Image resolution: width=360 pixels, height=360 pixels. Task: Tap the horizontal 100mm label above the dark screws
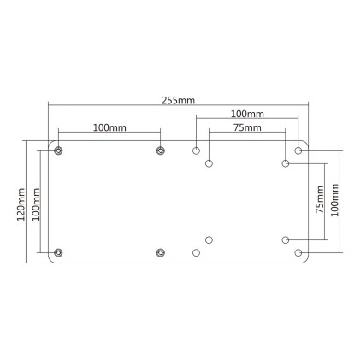click(x=109, y=127)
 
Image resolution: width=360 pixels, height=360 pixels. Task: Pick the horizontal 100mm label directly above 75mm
click(x=247, y=113)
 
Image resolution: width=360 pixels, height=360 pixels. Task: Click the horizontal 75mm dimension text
click(x=247, y=127)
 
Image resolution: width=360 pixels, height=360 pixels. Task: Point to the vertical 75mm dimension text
click(x=319, y=200)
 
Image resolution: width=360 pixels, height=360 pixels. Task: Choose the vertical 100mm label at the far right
click(x=334, y=200)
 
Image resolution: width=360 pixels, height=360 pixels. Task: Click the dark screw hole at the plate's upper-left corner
click(x=58, y=150)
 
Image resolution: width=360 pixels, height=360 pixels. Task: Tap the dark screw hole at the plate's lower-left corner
click(x=58, y=252)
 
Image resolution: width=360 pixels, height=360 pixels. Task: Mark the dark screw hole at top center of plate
click(x=160, y=150)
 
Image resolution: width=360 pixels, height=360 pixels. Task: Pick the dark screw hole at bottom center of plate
click(x=160, y=252)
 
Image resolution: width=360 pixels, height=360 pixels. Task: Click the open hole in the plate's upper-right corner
click(x=298, y=150)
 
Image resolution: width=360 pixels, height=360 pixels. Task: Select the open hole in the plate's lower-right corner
click(x=298, y=252)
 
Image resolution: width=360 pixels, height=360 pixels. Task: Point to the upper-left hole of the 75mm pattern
click(x=210, y=162)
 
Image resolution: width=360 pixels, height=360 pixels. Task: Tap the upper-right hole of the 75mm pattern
click(x=286, y=162)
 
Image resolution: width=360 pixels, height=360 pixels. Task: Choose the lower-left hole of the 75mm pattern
click(x=210, y=239)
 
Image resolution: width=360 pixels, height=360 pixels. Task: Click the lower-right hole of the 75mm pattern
click(x=286, y=239)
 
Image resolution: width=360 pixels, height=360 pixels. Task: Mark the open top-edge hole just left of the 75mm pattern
click(x=197, y=150)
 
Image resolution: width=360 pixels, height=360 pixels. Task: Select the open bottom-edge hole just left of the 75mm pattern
click(x=197, y=252)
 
